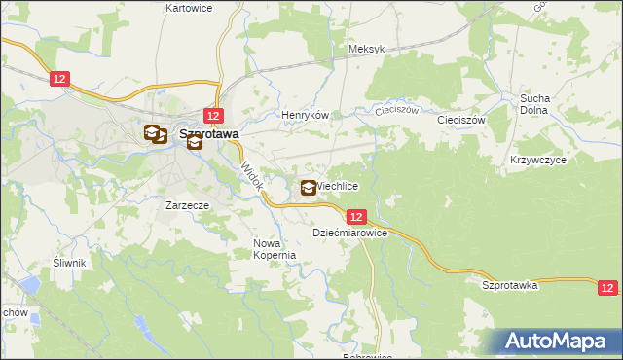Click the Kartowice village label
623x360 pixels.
pos(189,8)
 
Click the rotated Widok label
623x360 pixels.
pos(251,176)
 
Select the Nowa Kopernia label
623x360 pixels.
pos(274,249)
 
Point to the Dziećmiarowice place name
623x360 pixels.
pos(350,234)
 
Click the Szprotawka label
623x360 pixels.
pos(510,285)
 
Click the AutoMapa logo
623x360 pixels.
pos(559,340)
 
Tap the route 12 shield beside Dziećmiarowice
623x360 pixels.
pos(356,217)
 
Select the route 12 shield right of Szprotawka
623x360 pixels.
pos(607,287)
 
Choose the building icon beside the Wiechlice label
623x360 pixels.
pos(309,188)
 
